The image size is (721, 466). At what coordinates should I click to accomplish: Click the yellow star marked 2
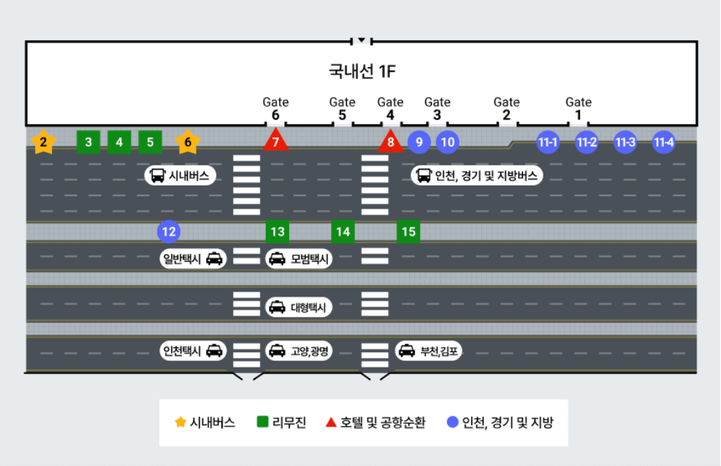[44, 142]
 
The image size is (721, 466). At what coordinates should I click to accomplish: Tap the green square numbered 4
[119, 142]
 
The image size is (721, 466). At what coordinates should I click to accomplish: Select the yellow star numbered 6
[188, 142]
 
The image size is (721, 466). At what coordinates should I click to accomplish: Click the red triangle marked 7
[275, 141]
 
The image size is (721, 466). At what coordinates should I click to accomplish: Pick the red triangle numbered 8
[391, 142]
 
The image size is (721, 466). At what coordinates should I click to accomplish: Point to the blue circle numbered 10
[448, 142]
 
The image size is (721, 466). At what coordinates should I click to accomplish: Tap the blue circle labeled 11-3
[625, 142]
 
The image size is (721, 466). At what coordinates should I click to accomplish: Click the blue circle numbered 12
[169, 232]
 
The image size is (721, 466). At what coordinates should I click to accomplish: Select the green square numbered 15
[408, 232]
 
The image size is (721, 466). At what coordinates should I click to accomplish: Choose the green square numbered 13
[278, 232]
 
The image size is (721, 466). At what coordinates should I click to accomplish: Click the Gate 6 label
[275, 108]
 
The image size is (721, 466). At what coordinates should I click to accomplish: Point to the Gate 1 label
[579, 108]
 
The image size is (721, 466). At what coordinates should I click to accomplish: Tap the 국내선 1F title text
[362, 72]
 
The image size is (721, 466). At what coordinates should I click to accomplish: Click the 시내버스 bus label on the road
[180, 175]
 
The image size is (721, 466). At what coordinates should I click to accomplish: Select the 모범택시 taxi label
[299, 259]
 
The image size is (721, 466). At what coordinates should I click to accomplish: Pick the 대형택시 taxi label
[299, 308]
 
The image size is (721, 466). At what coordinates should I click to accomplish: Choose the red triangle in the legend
[331, 422]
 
